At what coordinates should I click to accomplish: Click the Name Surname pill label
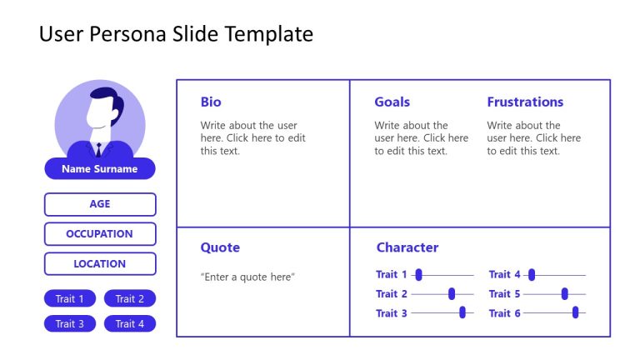pos(99,169)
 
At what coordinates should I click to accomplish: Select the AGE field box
pos(100,204)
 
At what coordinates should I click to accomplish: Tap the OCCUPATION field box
pos(100,234)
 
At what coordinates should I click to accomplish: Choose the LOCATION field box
pos(100,264)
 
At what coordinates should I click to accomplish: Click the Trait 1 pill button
pos(70,299)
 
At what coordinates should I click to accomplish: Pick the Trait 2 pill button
pos(130,299)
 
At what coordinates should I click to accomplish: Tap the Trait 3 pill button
pos(70,324)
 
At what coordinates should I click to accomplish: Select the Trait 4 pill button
pos(130,324)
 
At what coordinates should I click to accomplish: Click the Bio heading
pos(211,102)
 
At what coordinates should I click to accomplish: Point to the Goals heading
pos(392,102)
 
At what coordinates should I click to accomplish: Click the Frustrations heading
pos(525,102)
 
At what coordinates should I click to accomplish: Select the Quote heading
pos(220,247)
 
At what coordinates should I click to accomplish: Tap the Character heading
pos(407,247)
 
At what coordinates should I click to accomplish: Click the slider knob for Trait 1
pos(418,275)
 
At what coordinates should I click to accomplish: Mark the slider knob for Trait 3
pos(462,312)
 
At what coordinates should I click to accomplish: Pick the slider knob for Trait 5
pos(565,293)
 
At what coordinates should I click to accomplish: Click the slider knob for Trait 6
pos(575,312)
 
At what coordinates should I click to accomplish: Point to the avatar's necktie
pos(98,151)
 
